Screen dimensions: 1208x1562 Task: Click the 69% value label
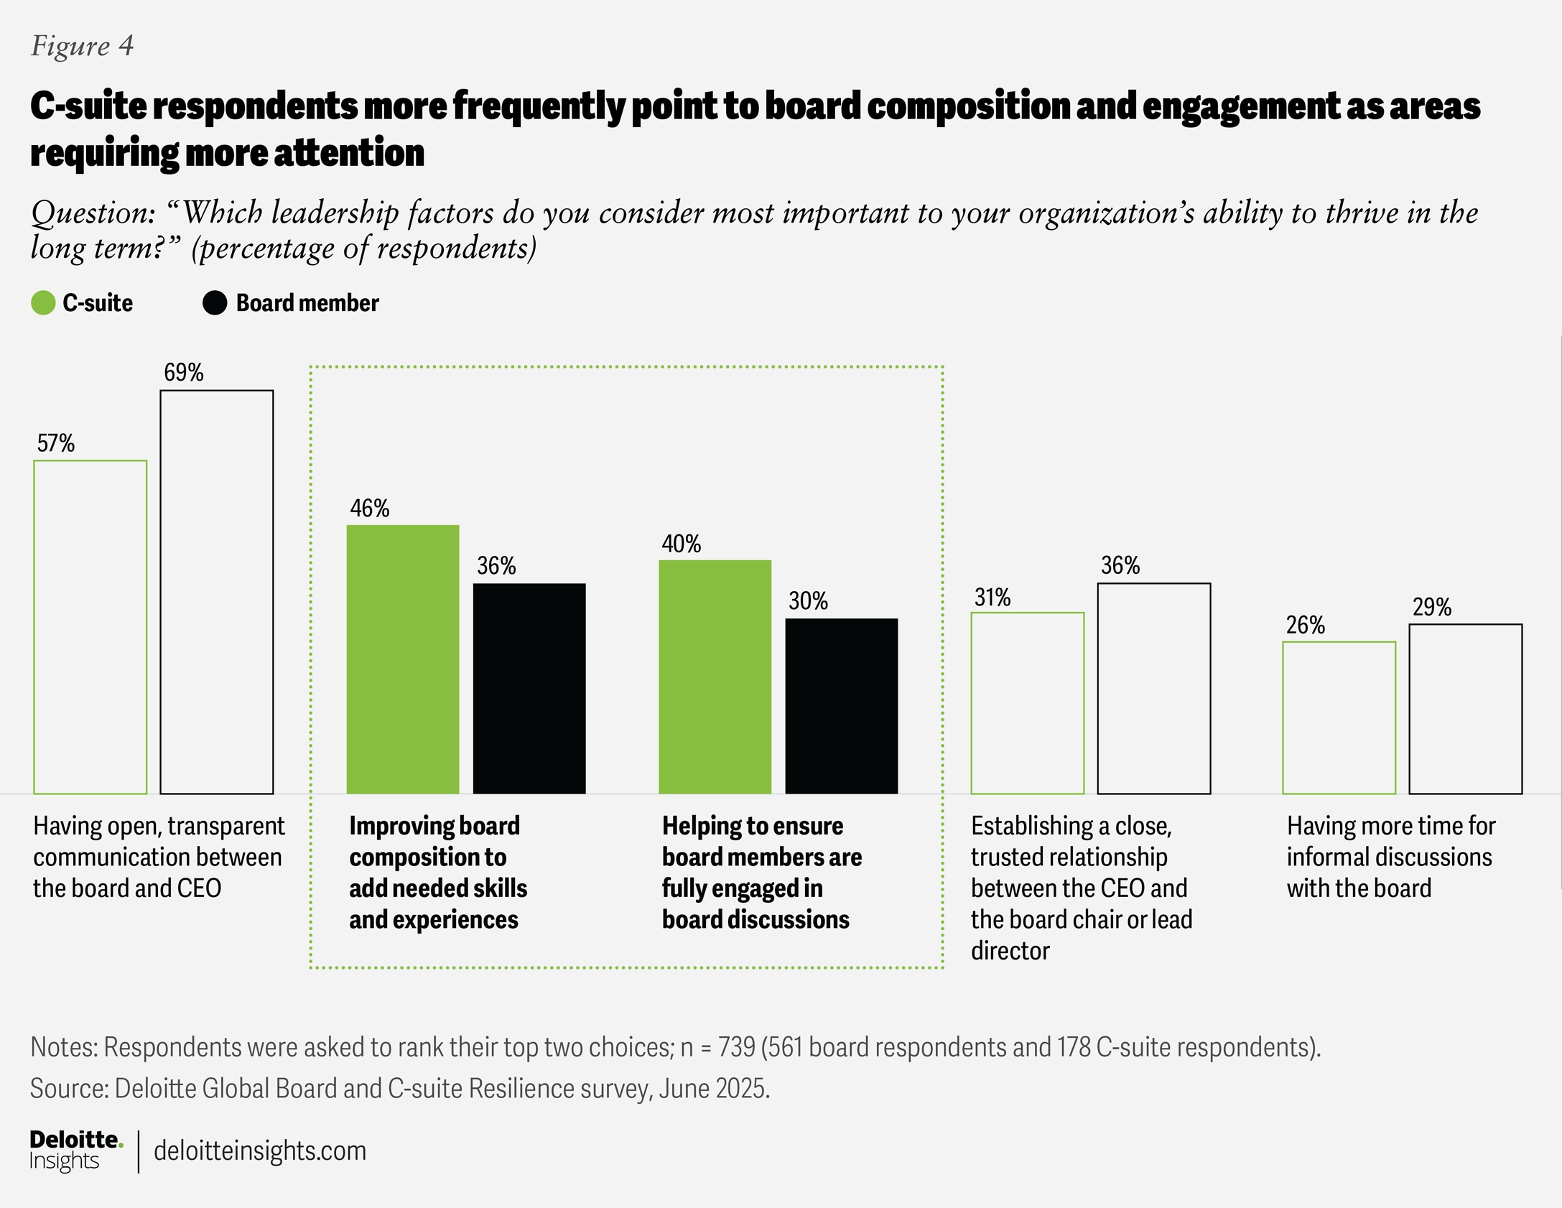184,372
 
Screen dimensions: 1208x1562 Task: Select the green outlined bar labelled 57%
90,627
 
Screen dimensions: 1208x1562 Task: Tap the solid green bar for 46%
403,659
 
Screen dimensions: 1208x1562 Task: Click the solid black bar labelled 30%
841,706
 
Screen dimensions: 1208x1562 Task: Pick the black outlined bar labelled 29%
1465,709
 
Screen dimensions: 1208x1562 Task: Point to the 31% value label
992,598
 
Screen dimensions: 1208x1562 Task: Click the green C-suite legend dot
44,303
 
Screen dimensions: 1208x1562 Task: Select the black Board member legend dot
215,303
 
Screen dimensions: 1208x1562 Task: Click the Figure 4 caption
82,46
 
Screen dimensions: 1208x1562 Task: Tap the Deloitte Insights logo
75,1150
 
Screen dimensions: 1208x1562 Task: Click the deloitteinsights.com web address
260,1151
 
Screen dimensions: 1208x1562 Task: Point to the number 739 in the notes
736,1047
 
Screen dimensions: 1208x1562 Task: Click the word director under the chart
1010,951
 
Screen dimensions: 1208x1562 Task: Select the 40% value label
681,544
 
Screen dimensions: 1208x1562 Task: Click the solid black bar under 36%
529,688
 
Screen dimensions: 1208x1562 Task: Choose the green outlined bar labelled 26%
1339,717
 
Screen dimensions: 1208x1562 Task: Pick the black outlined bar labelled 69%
217,592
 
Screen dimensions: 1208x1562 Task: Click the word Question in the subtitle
93,213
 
